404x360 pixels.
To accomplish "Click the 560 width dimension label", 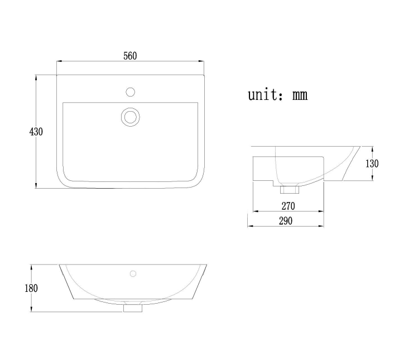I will pyautogui.click(x=129, y=55).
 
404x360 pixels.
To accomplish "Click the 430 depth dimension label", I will pyautogui.click(x=36, y=132).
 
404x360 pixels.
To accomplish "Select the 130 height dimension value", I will pyautogui.click(x=372, y=164).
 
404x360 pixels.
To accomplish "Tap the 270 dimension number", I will pyautogui.click(x=288, y=206).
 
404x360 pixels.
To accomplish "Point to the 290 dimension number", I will pyautogui.click(x=285, y=220).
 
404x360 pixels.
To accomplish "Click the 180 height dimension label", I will pyautogui.click(x=31, y=288).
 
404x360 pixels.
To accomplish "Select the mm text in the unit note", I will pyautogui.click(x=300, y=95).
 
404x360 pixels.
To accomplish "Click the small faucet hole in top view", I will pyautogui.click(x=131, y=90).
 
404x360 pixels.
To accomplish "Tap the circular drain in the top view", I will pyautogui.click(x=131, y=117).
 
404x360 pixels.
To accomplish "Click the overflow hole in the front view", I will pyautogui.click(x=133, y=273).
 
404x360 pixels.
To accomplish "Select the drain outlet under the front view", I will pyautogui.click(x=133, y=307).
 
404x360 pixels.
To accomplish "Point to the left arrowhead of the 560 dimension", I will pyautogui.click(x=59, y=61).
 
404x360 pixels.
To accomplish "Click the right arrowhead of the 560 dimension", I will pyautogui.click(x=203, y=61).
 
